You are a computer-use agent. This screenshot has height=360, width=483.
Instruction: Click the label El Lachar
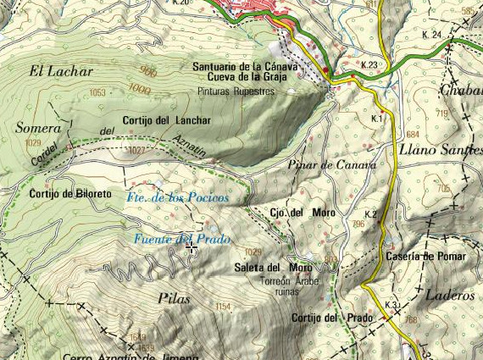(x=59, y=71)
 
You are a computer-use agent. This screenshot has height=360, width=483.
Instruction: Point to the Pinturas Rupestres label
(x=236, y=89)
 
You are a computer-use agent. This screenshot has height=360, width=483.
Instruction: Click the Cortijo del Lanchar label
(x=166, y=120)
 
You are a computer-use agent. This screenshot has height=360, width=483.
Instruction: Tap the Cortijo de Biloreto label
(x=69, y=194)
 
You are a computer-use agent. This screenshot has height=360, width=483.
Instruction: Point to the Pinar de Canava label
(x=331, y=165)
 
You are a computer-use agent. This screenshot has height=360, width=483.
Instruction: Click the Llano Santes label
(x=436, y=150)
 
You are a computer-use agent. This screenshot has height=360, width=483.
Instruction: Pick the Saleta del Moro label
(x=273, y=269)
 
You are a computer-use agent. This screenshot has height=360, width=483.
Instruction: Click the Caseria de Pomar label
(x=421, y=256)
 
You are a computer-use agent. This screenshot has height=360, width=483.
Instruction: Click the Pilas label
(x=174, y=298)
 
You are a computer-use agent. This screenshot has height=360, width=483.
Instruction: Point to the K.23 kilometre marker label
(x=368, y=65)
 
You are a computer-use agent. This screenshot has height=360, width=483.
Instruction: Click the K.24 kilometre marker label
(x=431, y=35)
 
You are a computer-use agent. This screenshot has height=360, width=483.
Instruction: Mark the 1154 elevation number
(x=223, y=306)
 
